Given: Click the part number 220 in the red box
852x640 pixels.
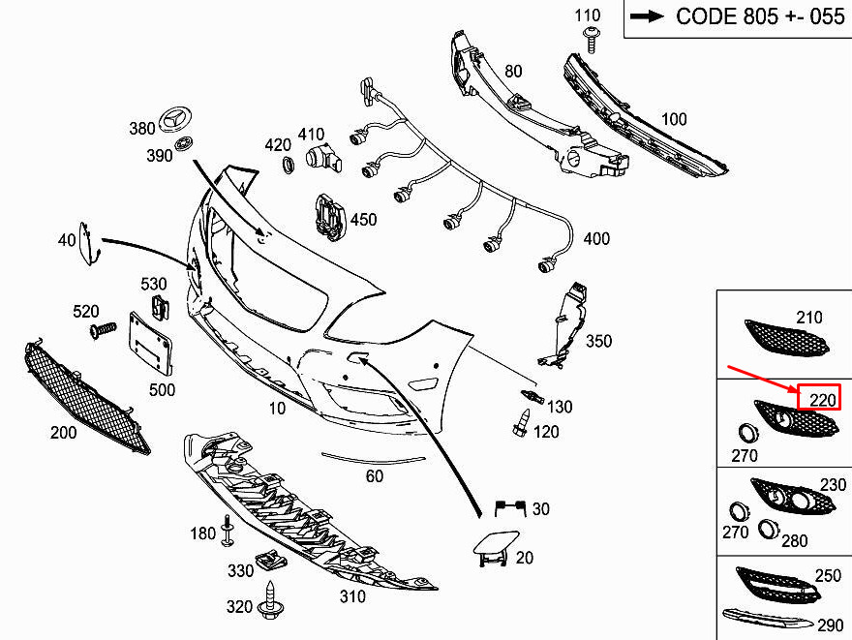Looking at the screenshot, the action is pos(822,401).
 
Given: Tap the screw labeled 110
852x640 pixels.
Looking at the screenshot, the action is pos(592,41).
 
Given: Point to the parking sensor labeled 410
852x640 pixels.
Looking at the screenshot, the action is pos(323,159).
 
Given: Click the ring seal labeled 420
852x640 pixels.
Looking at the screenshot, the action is pos(288,166).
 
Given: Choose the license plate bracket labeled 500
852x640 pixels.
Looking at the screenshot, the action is pos(150,344).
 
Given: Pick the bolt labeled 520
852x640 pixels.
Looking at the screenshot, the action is pos(103,330).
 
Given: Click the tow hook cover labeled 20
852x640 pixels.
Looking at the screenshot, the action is pos(494,548).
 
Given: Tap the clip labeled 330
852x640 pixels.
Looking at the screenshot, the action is pos(270,560).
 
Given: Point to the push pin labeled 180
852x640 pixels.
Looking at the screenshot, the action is pos(228,531).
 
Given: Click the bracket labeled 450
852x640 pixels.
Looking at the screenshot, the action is pos(330,216).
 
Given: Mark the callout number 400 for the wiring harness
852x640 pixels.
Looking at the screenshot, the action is pos(596,238).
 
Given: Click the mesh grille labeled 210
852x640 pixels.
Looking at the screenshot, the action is pos(786,338).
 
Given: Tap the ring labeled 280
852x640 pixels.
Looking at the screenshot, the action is pos(769,530).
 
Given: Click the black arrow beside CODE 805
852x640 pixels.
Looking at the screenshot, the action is pos(647,16).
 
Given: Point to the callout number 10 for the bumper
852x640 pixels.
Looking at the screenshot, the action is pos(277,408).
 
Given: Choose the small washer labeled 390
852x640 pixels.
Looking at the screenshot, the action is pos(184,144).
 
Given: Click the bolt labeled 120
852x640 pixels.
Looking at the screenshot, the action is pos(522,423).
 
